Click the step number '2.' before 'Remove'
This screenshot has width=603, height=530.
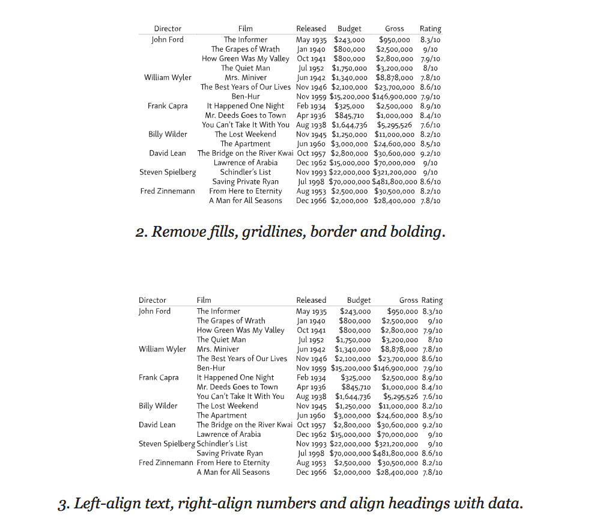pos(142,232)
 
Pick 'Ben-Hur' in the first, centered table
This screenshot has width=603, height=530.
pos(246,96)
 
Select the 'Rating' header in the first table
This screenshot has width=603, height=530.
pos(430,29)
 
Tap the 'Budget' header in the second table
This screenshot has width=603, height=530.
pos(359,300)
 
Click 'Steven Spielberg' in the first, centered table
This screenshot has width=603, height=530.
pos(168,172)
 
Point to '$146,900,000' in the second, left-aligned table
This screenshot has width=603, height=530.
pos(395,368)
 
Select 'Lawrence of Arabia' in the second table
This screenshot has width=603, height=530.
pos(229,434)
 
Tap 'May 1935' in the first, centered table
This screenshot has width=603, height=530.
pos(311,40)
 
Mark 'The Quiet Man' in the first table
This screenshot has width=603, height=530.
pos(246,68)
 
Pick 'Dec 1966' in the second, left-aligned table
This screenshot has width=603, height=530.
pos(311,472)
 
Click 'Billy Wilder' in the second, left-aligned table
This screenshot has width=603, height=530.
pos(158,406)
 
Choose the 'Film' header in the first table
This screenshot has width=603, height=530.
pos(246,29)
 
